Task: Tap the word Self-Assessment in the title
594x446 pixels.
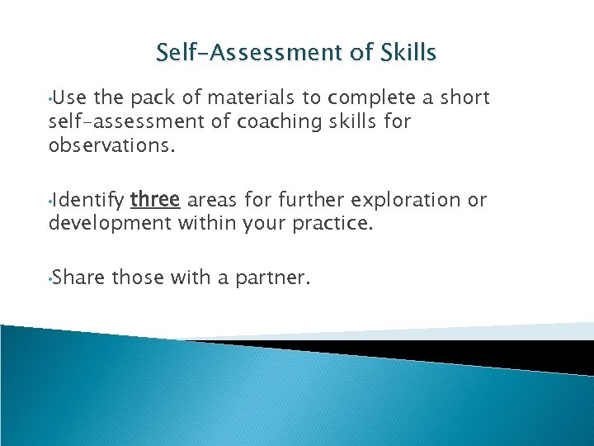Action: pos(250,53)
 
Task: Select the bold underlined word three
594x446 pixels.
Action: pos(156,200)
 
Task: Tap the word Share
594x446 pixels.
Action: pos(80,278)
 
